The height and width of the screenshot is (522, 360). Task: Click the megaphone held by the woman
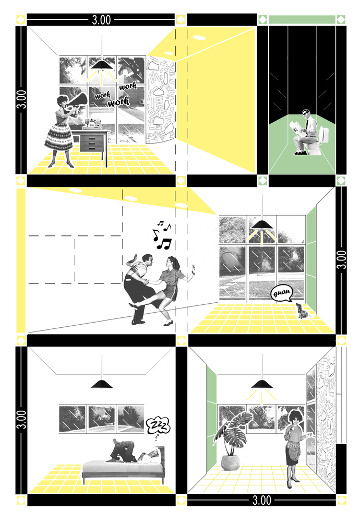pyautogui.click(x=78, y=100)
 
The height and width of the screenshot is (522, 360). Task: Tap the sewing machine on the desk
pyautogui.click(x=92, y=124)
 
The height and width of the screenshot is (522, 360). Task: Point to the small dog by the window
pyautogui.click(x=302, y=311)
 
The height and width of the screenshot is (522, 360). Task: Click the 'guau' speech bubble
pyautogui.click(x=282, y=293)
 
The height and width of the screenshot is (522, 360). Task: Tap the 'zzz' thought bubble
pyautogui.click(x=158, y=426)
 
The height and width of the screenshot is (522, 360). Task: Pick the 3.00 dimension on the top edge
pyautogui.click(x=101, y=20)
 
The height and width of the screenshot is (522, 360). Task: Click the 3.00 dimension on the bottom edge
pyautogui.click(x=261, y=500)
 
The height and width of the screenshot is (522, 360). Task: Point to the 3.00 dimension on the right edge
pyautogui.click(x=341, y=259)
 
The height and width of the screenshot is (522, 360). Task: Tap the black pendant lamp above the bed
pyautogui.click(x=102, y=384)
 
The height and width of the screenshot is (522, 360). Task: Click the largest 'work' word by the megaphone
pyautogui.click(x=118, y=102)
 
